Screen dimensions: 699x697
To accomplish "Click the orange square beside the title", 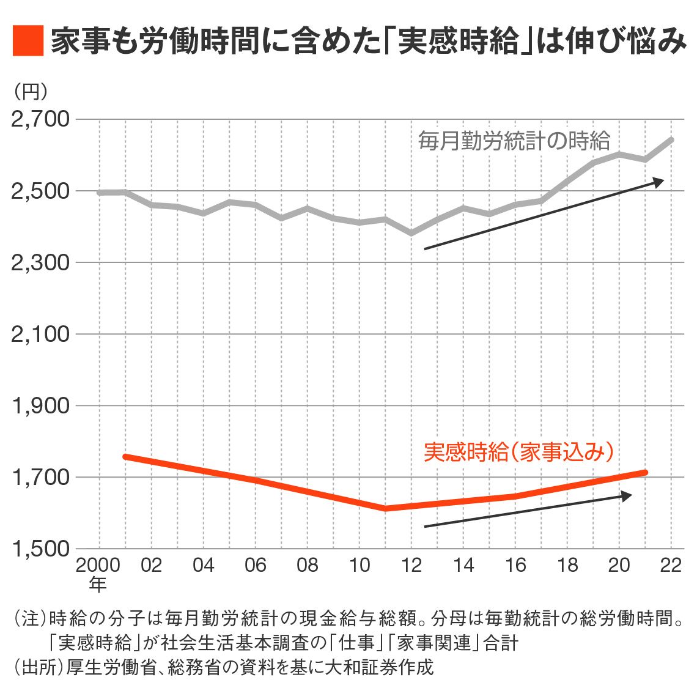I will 28,40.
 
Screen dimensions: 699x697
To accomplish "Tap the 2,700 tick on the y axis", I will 41,119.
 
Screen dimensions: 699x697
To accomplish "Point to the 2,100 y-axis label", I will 41,335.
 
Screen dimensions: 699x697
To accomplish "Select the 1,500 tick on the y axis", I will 41,549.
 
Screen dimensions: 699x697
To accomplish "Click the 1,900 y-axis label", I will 41,406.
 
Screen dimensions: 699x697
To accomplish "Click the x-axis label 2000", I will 98,565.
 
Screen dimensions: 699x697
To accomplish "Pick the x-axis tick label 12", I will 411,565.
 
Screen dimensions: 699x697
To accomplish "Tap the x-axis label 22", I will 671,565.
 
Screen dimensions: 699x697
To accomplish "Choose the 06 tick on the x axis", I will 255,565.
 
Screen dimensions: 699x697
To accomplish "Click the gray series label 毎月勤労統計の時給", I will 514,141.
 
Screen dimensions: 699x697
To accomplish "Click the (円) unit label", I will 30,91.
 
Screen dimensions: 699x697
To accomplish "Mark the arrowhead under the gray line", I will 658,182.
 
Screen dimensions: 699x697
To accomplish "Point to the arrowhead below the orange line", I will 626,495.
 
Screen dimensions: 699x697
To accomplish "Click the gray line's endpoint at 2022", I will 672,139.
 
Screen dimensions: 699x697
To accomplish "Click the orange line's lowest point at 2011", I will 385,508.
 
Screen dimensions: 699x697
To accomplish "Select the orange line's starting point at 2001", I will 125,456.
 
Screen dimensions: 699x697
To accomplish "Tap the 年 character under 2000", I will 98,585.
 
